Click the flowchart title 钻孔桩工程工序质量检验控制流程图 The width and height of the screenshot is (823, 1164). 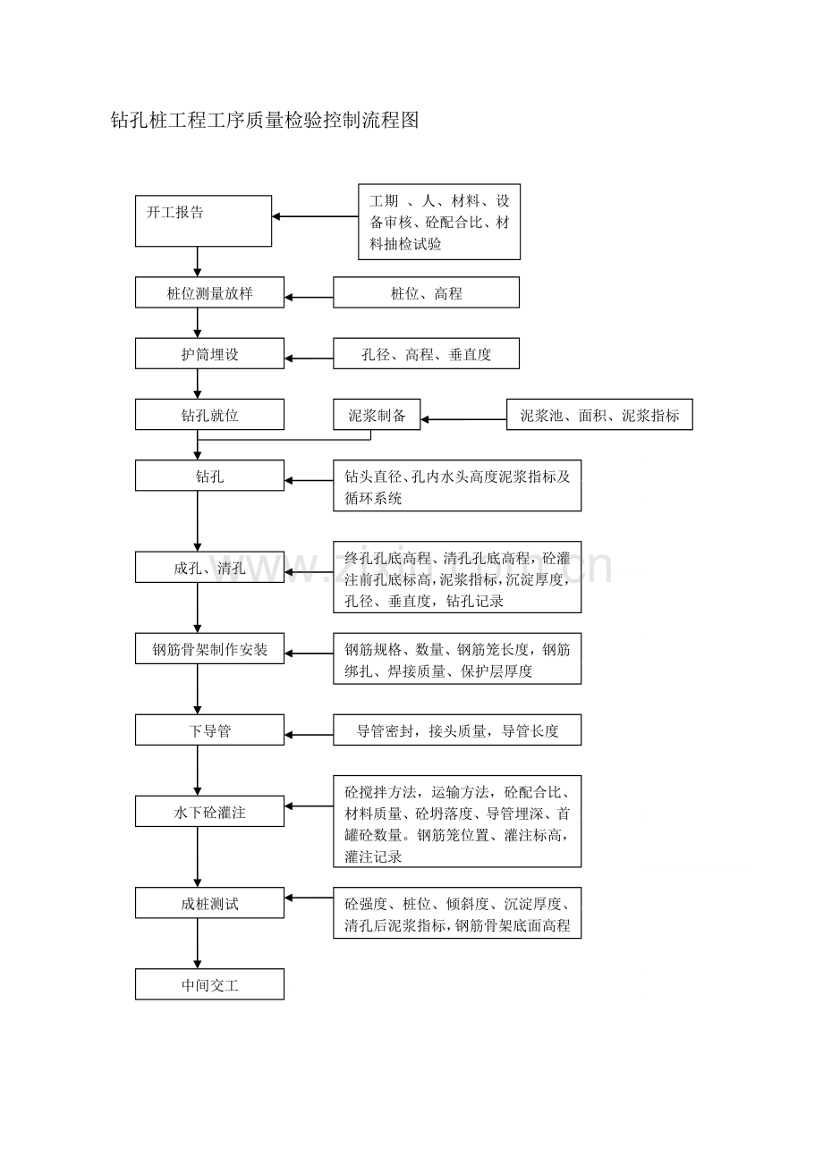[265, 121]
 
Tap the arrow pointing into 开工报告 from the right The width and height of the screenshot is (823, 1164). [315, 216]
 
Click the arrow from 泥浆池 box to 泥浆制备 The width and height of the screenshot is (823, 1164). [463, 419]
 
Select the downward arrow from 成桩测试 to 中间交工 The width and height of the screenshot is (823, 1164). [198, 943]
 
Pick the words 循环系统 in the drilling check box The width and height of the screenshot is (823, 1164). [373, 498]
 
